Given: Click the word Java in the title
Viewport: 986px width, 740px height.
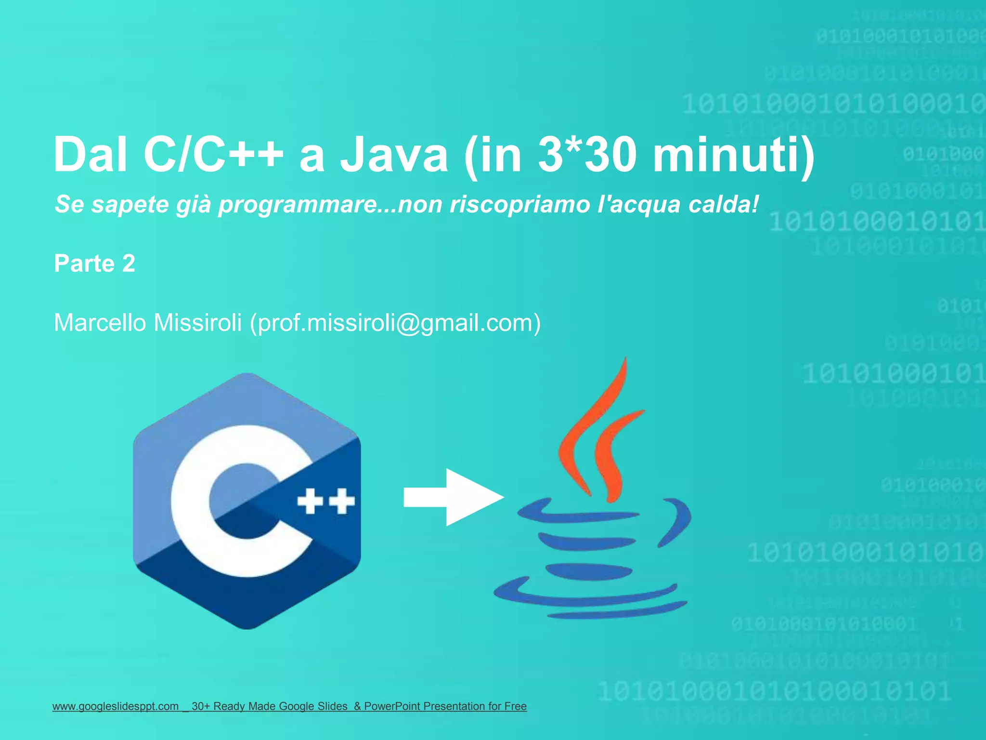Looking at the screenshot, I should (x=394, y=155).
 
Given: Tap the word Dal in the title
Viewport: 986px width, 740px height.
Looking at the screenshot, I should (x=90, y=155).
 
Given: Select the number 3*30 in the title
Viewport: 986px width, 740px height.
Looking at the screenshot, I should (x=587, y=155).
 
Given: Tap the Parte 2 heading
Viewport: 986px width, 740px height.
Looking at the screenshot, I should (x=94, y=264).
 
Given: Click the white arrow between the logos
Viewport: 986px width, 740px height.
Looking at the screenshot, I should (x=453, y=497).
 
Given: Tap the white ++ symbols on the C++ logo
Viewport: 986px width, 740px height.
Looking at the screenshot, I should (x=326, y=502).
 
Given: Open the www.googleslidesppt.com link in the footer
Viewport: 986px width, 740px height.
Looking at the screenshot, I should (x=116, y=706).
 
